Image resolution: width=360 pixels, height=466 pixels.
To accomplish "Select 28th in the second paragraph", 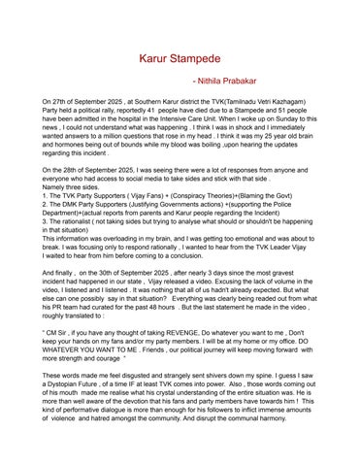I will click(78, 169).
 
